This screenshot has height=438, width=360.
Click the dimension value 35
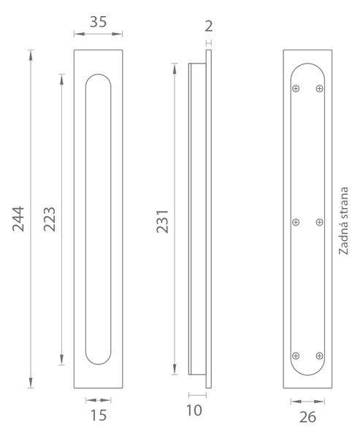coord(98,22)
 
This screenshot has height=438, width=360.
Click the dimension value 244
coord(18,219)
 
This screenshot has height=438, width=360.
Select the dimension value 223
coord(50,219)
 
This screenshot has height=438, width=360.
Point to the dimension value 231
coord(162,221)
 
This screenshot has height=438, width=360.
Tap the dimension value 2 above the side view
coord(209,26)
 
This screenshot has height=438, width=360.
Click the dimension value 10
coord(194,410)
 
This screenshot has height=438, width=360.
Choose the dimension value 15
coord(99,415)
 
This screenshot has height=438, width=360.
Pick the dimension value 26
coord(307,418)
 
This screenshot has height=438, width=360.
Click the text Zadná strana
coord(343,220)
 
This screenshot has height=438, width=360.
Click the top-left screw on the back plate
coord(296,88)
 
